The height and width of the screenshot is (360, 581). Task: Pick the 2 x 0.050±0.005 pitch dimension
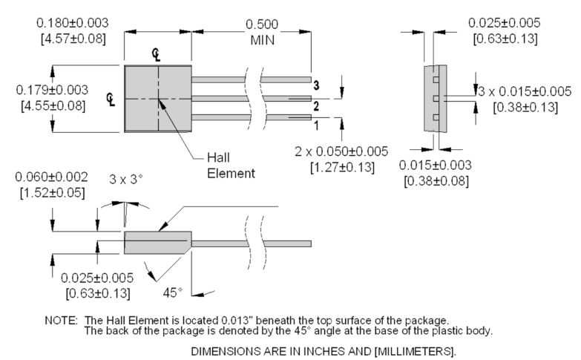point(341,151)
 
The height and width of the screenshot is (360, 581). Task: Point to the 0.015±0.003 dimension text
point(435,165)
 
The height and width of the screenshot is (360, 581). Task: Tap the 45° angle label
point(172,292)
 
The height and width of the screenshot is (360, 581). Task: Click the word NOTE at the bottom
point(61,320)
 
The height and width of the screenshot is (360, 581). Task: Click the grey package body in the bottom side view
point(156,242)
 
